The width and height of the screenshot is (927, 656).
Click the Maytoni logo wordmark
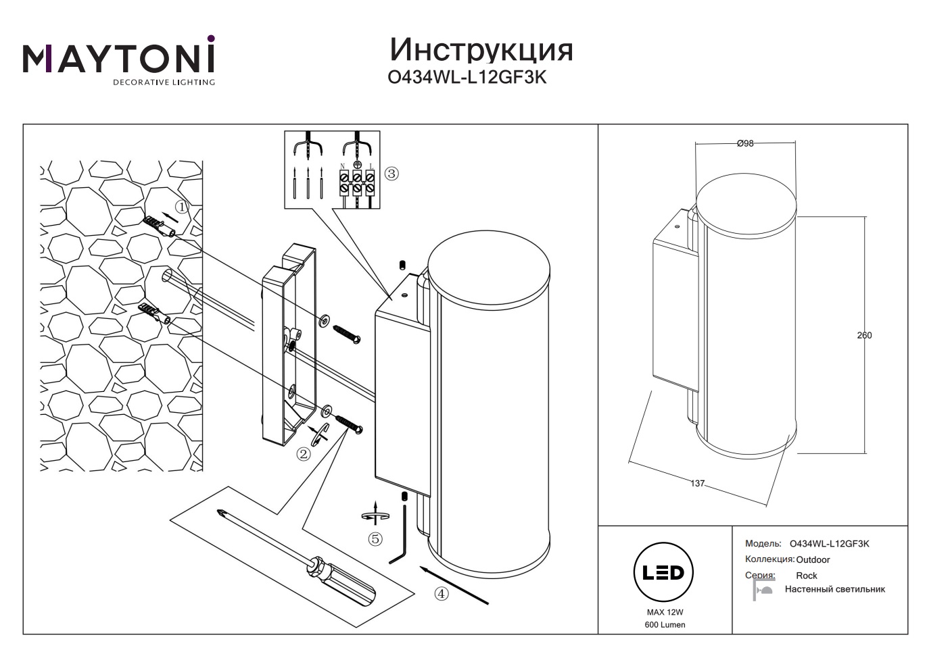point(119,59)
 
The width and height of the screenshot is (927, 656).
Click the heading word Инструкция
point(481,49)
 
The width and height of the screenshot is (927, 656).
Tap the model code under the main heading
point(467,78)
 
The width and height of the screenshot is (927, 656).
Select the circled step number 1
point(181,206)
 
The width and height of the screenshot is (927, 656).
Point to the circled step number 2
point(304,454)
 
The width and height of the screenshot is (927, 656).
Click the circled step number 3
point(391,174)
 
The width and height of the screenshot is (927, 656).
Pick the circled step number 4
point(441,594)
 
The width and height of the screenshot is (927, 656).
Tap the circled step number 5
point(375,539)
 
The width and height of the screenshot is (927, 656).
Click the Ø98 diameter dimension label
point(745,143)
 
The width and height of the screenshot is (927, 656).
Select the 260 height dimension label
point(864,335)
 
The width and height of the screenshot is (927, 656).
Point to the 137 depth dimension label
point(697,484)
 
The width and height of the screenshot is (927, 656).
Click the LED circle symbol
point(663,573)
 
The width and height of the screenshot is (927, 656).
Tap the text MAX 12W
point(665,612)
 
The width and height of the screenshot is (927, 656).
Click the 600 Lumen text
point(665,625)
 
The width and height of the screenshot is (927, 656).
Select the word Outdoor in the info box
point(813,559)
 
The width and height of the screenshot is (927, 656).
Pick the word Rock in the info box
point(807,576)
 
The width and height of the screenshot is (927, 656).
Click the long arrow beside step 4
point(454,585)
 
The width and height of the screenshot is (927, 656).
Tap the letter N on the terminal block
point(343,166)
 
